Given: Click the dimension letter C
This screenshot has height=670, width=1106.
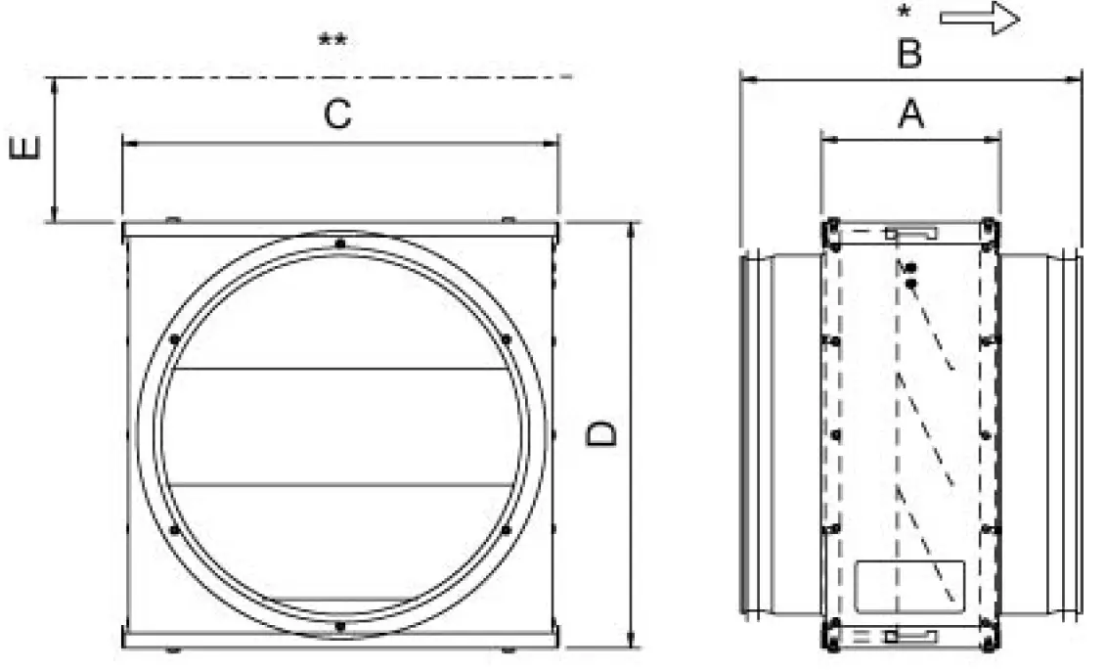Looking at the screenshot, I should pyautogui.click(x=337, y=115).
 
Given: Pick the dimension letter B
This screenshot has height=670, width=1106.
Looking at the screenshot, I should pyautogui.click(x=909, y=55).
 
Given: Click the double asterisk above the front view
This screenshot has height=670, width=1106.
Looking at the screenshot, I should pyautogui.click(x=332, y=41).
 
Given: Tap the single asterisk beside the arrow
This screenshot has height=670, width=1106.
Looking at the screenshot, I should pyautogui.click(x=905, y=14).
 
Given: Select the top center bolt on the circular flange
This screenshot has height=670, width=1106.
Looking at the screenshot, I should pyautogui.click(x=338, y=244).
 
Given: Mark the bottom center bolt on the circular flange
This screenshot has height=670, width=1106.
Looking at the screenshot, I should pyautogui.click(x=338, y=625).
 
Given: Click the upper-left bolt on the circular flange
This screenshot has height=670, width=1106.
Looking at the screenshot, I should pyautogui.click(x=173, y=339).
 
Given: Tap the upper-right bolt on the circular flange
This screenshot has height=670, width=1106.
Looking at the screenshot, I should pyautogui.click(x=505, y=339).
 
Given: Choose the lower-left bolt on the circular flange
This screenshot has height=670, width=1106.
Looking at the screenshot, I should pyautogui.click(x=173, y=530).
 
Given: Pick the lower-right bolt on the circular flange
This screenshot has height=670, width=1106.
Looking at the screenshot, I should pyautogui.click(x=505, y=530).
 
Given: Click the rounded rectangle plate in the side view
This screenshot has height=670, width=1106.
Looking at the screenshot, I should pyautogui.click(x=909, y=584).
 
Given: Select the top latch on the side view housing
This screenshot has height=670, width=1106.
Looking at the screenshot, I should pyautogui.click(x=909, y=234).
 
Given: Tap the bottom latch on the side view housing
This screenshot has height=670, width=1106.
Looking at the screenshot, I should pyautogui.click(x=909, y=637).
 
